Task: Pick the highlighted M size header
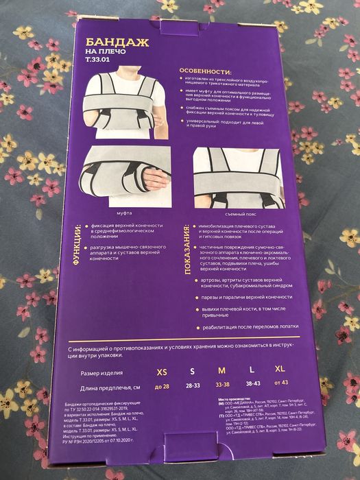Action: point(221,372)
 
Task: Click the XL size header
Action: point(280,370)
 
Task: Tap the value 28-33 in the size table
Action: point(192,386)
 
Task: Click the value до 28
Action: point(162,387)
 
